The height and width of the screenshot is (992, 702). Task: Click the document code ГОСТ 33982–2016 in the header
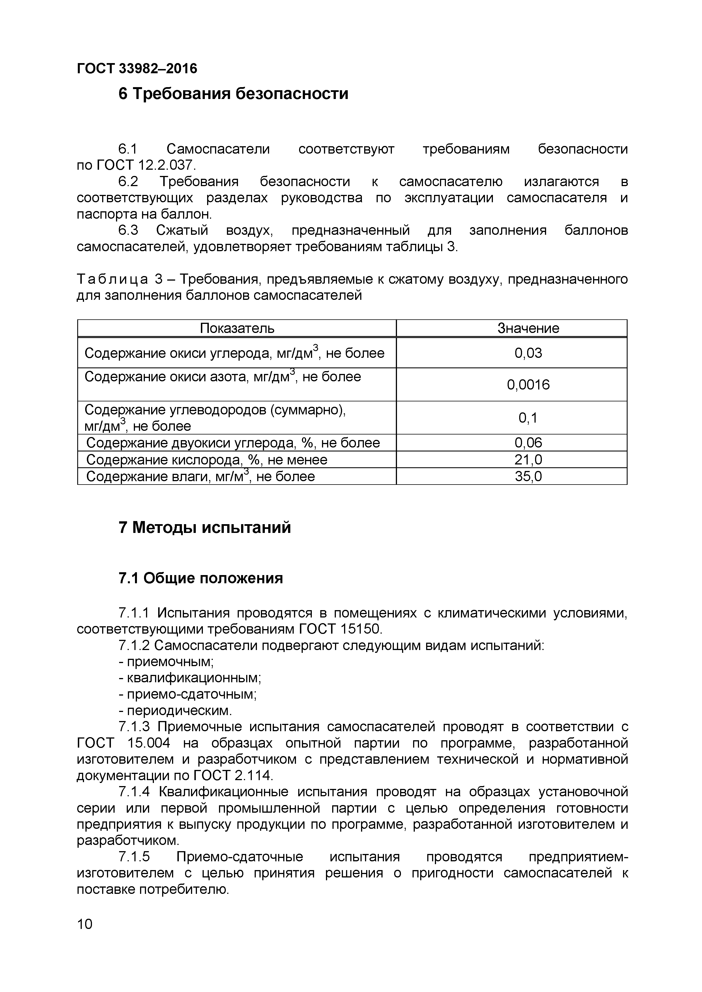point(137,68)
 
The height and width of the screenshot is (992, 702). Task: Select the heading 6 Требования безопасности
point(233,93)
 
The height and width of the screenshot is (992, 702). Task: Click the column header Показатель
point(237,328)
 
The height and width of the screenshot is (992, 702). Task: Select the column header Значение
point(528,328)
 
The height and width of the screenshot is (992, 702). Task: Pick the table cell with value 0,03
point(528,353)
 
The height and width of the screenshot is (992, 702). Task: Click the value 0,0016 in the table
point(528,384)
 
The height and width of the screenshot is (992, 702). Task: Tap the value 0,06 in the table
point(528,442)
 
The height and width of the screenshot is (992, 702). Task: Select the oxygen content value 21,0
point(528,459)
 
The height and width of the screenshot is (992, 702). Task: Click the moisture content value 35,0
point(528,476)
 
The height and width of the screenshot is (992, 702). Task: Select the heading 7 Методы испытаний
point(205,528)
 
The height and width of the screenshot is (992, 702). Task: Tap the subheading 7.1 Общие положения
point(201,578)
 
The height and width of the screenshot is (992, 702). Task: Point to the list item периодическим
point(179,710)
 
